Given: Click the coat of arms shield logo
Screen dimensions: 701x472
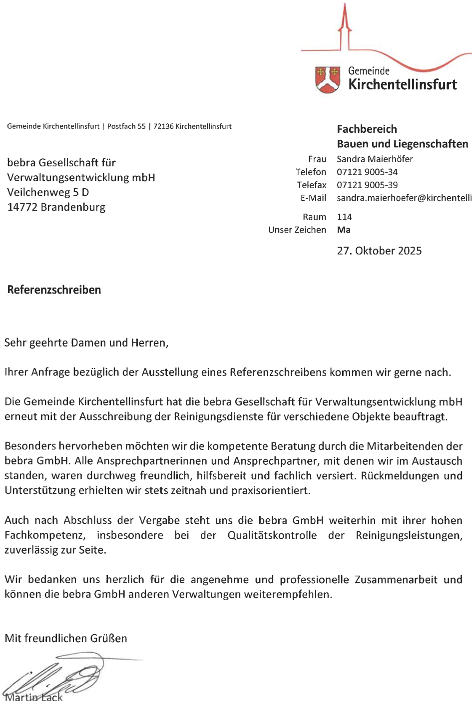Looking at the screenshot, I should [x=327, y=79].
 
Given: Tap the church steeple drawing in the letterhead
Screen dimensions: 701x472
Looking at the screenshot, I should [x=344, y=27].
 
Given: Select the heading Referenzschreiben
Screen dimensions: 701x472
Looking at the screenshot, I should [x=54, y=290].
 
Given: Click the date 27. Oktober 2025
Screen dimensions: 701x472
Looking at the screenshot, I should [x=379, y=251].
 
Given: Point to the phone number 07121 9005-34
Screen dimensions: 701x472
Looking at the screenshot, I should [x=367, y=172].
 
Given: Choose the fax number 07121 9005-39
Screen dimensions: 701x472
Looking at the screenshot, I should [x=367, y=185].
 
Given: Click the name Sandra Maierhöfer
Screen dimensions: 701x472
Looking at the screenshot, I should [x=375, y=159].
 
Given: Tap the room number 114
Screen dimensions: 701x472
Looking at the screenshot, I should [x=344, y=217].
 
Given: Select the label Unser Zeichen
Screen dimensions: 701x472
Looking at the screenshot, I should [x=297, y=230].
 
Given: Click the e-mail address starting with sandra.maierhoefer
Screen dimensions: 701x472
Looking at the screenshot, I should [x=404, y=198].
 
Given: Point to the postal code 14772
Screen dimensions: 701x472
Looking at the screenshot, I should [x=22, y=207].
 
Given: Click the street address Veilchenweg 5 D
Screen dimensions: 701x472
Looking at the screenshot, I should [x=48, y=192].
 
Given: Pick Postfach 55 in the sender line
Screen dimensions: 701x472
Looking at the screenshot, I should [x=126, y=126].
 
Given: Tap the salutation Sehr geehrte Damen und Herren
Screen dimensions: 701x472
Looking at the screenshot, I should [x=86, y=343].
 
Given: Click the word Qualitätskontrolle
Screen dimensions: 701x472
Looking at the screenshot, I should [x=272, y=535].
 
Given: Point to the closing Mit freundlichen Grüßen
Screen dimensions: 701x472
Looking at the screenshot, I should [x=66, y=639].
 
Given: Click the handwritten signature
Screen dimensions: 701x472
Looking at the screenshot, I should [x=55, y=677].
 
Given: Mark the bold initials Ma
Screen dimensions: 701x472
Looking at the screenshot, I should [x=344, y=230].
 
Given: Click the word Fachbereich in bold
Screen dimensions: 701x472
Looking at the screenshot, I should [x=367, y=129].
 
